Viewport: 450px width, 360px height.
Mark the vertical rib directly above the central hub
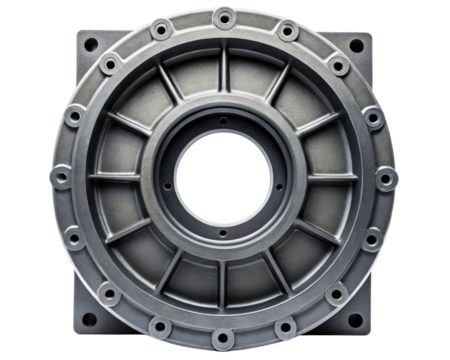click(225, 74)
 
